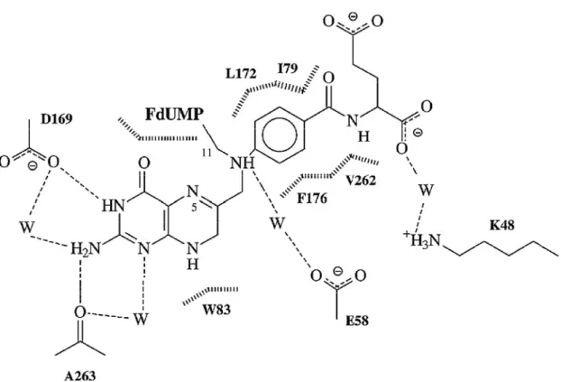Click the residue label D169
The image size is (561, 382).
click(x=57, y=118)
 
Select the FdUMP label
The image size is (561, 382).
click(x=175, y=115)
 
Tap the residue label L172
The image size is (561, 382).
click(x=241, y=73)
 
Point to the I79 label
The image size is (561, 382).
click(x=288, y=68)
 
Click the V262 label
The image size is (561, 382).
click(x=361, y=181)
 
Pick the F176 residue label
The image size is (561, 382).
click(x=312, y=198)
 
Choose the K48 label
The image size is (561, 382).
click(x=502, y=225)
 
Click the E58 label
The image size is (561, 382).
click(x=356, y=320)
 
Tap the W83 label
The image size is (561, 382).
click(x=216, y=309)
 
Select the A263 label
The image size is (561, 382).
click(x=80, y=376)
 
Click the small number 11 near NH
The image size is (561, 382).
click(x=207, y=153)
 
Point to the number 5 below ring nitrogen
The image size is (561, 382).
click(x=194, y=208)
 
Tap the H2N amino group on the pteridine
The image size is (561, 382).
click(x=85, y=248)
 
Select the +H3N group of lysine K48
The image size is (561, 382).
click(x=422, y=239)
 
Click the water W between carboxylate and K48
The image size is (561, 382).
click(x=426, y=190)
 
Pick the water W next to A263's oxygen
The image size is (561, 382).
click(x=141, y=319)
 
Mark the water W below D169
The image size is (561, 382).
click(x=27, y=227)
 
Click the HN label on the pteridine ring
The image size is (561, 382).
click(x=114, y=206)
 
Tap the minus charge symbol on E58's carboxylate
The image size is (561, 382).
click(x=337, y=271)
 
